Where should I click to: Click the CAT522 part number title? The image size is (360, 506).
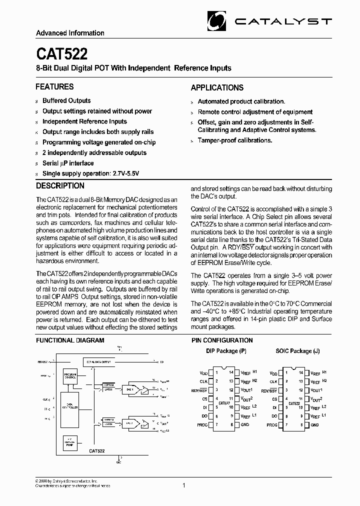54,53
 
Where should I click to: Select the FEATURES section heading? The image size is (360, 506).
54,86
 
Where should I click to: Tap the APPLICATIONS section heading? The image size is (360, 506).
217,87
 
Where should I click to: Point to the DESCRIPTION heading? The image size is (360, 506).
60,185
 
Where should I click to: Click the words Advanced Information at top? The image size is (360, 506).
70,33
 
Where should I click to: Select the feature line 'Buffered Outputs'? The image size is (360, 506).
66,100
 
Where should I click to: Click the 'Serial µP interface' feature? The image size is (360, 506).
68,163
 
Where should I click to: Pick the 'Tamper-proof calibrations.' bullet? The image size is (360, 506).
235,140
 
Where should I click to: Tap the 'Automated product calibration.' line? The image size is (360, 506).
241,101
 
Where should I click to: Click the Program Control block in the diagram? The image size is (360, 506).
70,376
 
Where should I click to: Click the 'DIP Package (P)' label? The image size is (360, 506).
226,351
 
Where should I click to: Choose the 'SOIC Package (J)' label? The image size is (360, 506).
297,351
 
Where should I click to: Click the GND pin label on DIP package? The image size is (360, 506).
245,425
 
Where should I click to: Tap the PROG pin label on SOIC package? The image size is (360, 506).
271,425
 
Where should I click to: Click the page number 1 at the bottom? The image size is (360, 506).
184,485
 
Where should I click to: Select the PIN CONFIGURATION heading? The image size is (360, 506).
222,340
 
